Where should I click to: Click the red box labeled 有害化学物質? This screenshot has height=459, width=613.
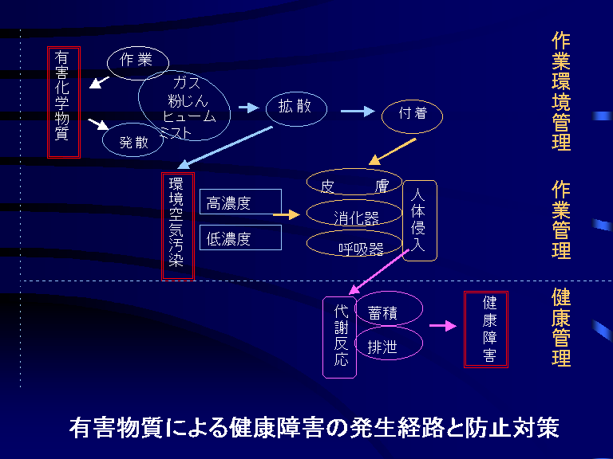click(64, 102)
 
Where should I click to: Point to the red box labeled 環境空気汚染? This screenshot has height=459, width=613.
click(177, 226)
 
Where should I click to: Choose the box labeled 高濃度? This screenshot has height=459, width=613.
click(240, 202)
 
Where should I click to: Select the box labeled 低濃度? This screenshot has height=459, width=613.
click(240, 237)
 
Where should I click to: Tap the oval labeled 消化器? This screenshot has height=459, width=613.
click(354, 215)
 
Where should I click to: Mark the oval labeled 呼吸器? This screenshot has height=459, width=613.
click(354, 246)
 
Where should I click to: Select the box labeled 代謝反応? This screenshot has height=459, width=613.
click(340, 337)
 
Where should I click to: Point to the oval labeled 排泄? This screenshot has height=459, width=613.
click(387, 346)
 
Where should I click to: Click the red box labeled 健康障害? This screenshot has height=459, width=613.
click(486, 329)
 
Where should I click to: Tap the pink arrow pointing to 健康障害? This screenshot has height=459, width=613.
click(441, 326)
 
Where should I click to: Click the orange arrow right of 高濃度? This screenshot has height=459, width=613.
click(284, 214)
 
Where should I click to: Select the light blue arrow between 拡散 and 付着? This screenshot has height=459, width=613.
click(356, 112)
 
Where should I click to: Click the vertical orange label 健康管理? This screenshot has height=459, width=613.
click(561, 328)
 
